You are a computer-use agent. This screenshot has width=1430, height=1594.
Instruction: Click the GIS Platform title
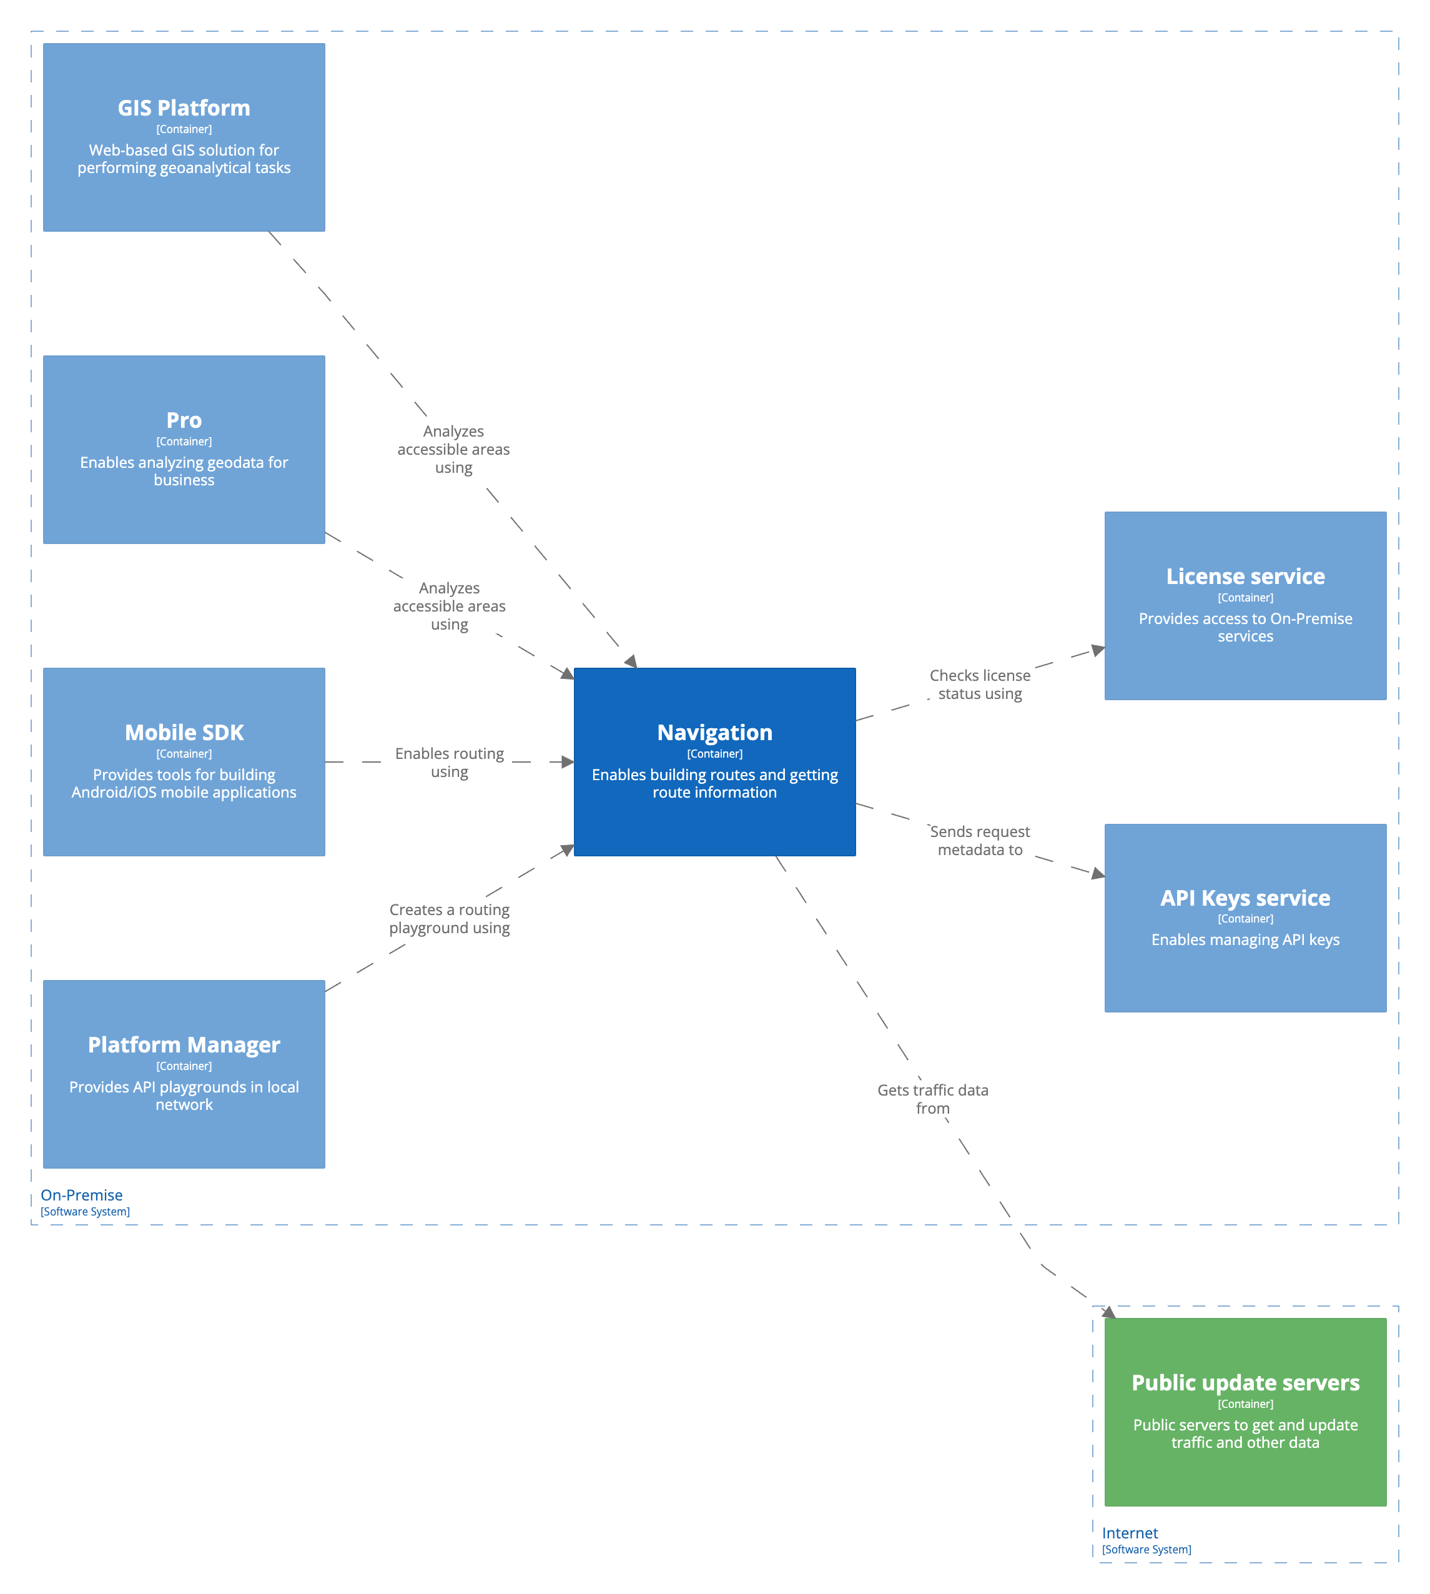[x=184, y=107]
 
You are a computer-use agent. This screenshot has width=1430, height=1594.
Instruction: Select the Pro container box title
[x=184, y=420]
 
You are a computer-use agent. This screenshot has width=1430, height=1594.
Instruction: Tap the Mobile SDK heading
[x=184, y=732]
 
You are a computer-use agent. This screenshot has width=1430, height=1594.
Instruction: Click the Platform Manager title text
[x=184, y=1044]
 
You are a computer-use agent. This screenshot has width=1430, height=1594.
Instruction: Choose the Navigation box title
[x=714, y=732]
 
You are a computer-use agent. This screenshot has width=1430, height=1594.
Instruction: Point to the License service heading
[x=1245, y=576]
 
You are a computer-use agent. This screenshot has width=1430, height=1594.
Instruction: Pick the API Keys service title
[x=1245, y=898]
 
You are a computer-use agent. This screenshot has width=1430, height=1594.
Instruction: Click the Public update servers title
[x=1245, y=1382]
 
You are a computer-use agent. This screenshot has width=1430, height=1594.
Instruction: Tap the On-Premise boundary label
[x=82, y=1195]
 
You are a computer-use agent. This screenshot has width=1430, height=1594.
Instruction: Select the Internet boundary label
[x=1129, y=1533]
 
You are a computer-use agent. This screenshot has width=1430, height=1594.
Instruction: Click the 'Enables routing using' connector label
[x=450, y=763]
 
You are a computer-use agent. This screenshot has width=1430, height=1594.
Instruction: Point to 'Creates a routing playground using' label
[x=450, y=918]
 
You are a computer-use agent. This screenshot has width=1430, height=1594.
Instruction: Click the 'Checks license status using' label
[x=980, y=684]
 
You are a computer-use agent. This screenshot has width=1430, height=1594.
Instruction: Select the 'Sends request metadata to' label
[x=980, y=840]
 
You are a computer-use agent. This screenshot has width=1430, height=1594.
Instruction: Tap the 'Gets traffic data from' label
[x=933, y=1099]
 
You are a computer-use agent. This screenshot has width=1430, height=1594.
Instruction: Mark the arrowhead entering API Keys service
[x=1098, y=873]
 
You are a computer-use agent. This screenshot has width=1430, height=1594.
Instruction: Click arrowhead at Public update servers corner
[x=1108, y=1312]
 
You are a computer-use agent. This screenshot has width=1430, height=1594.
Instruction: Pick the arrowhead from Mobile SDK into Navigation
[x=567, y=761]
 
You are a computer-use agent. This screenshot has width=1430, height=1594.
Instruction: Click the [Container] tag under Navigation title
[x=714, y=754]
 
